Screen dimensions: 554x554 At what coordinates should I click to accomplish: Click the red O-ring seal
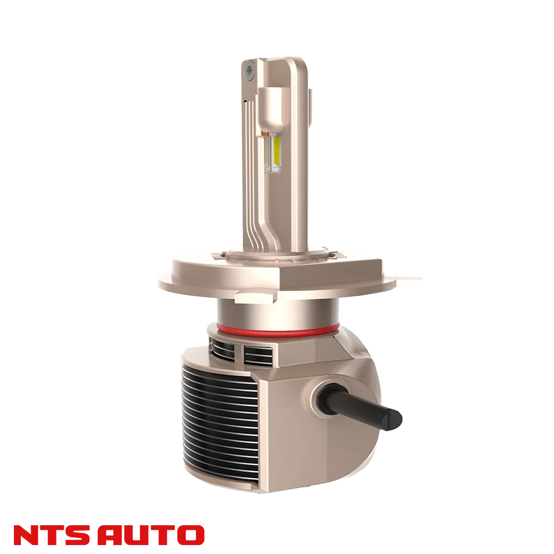[x=278, y=330]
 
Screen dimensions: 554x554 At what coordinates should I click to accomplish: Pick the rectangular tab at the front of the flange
[x=255, y=296]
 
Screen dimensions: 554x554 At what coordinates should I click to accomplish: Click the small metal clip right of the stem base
[x=332, y=254]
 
